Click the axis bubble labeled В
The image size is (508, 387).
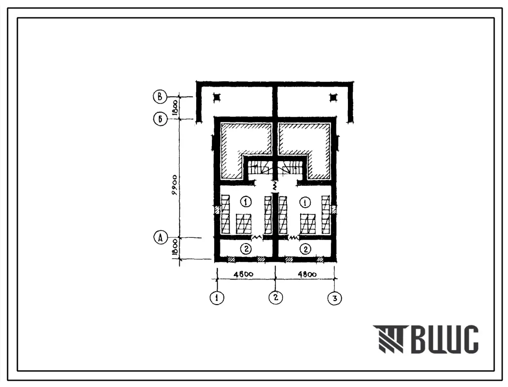[x=160, y=97]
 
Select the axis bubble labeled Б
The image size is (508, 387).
[x=160, y=119]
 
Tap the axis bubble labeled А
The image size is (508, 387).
[x=161, y=238]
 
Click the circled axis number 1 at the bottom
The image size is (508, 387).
[x=217, y=297]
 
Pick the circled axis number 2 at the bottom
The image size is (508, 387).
[x=276, y=297]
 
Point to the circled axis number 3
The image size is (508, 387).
[x=335, y=298]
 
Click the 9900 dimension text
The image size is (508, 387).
[x=175, y=185]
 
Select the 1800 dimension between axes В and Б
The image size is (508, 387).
[x=175, y=108]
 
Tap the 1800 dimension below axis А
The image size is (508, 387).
[x=175, y=248]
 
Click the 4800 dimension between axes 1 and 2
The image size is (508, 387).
[x=244, y=274]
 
